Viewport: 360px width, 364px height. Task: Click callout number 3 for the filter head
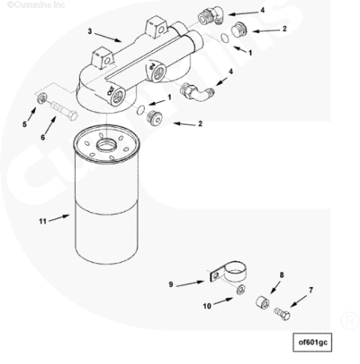89,31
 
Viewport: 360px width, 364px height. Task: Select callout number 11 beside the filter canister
42,221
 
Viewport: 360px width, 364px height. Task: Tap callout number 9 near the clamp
171,284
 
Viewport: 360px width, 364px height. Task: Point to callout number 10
207,306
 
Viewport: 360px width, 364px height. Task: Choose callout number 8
282,275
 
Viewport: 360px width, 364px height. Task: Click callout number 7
311,290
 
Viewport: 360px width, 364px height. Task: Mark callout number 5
24,124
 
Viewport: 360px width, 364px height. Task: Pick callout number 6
42,137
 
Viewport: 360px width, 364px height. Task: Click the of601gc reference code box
312,342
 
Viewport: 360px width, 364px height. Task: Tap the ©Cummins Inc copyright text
36,5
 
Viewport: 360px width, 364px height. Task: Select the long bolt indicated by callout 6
64,111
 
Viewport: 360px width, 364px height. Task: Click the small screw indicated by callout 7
282,314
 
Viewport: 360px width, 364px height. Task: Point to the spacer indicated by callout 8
263,302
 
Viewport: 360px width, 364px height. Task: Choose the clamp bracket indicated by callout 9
228,272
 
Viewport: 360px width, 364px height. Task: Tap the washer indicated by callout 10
241,289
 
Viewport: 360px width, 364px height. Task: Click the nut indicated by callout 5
42,99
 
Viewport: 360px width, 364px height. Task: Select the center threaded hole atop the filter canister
106,144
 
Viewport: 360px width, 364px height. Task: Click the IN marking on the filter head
151,66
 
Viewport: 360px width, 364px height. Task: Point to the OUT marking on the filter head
110,90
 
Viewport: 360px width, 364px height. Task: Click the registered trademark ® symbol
350,320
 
